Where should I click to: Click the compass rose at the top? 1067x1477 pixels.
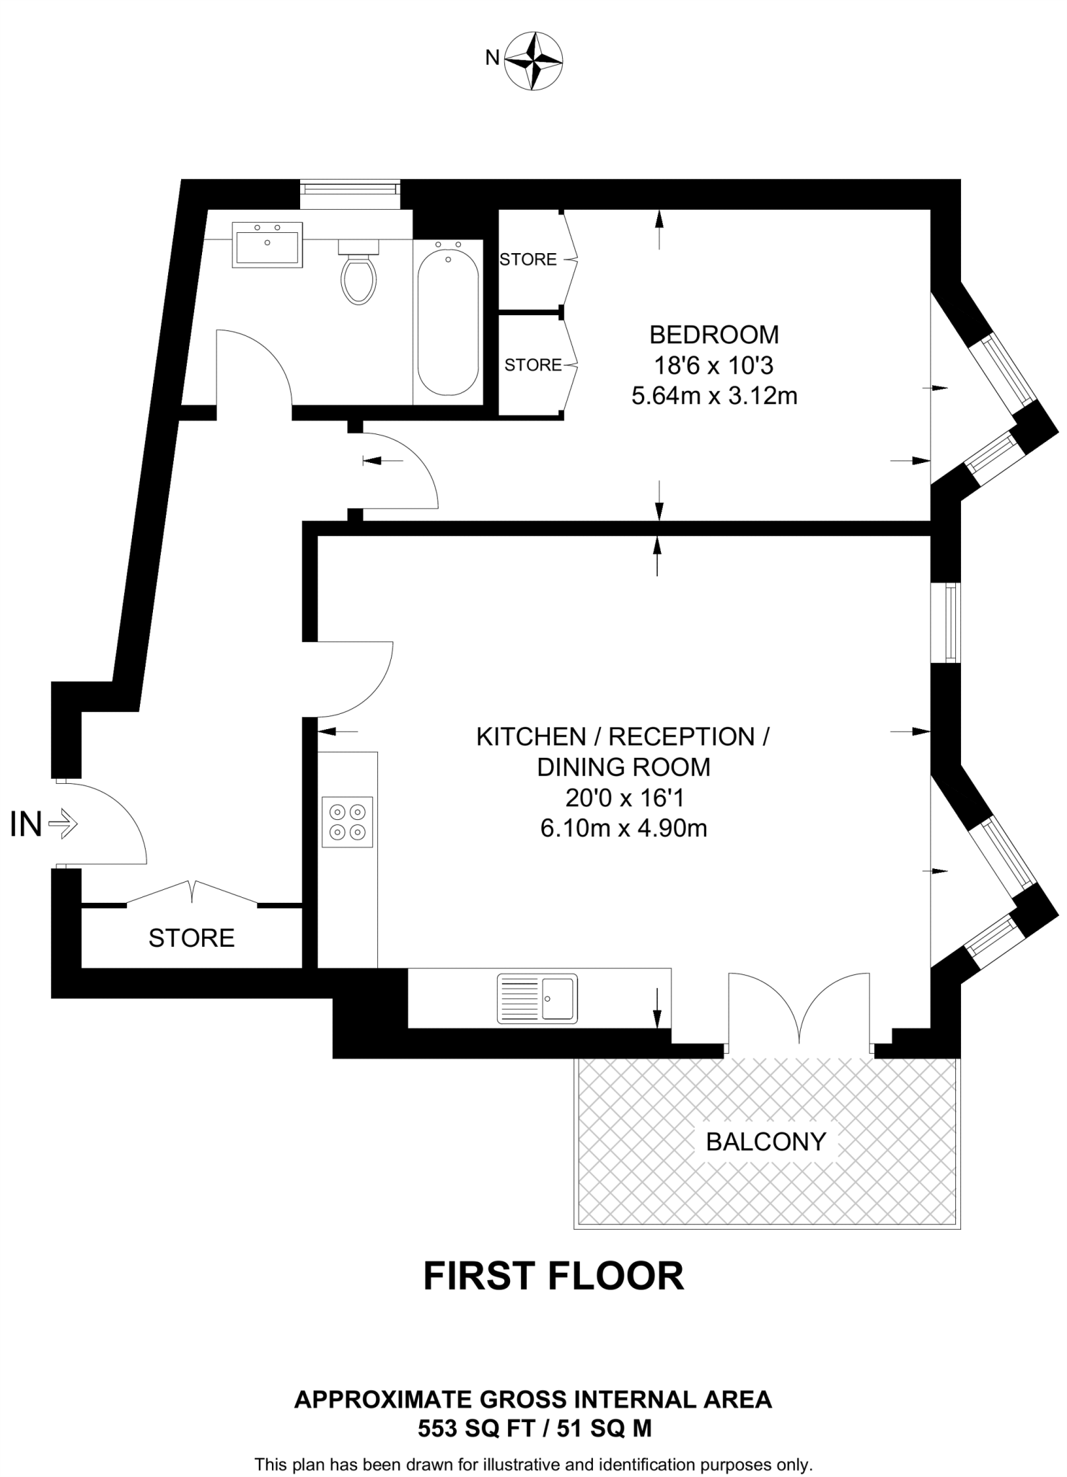(534, 61)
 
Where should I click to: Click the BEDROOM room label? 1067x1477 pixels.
(714, 335)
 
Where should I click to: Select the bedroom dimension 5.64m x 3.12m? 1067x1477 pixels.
(714, 396)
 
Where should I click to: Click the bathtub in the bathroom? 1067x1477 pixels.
(448, 318)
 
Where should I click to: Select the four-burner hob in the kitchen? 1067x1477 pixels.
(348, 822)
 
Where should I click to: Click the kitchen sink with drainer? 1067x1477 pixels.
(537, 999)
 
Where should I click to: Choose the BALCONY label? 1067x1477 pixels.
(766, 1142)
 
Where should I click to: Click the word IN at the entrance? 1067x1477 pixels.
(25, 824)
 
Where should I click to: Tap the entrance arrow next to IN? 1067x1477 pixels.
(64, 824)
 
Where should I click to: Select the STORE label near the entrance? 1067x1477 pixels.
(191, 938)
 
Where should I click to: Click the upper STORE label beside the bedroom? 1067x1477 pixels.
(528, 259)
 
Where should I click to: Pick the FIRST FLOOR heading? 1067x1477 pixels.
(553, 1276)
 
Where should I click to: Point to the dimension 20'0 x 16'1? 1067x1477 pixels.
(623, 798)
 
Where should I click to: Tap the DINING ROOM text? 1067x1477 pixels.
(623, 767)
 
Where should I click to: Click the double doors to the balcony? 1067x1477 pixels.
(799, 1010)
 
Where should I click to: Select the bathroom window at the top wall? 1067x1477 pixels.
(350, 189)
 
